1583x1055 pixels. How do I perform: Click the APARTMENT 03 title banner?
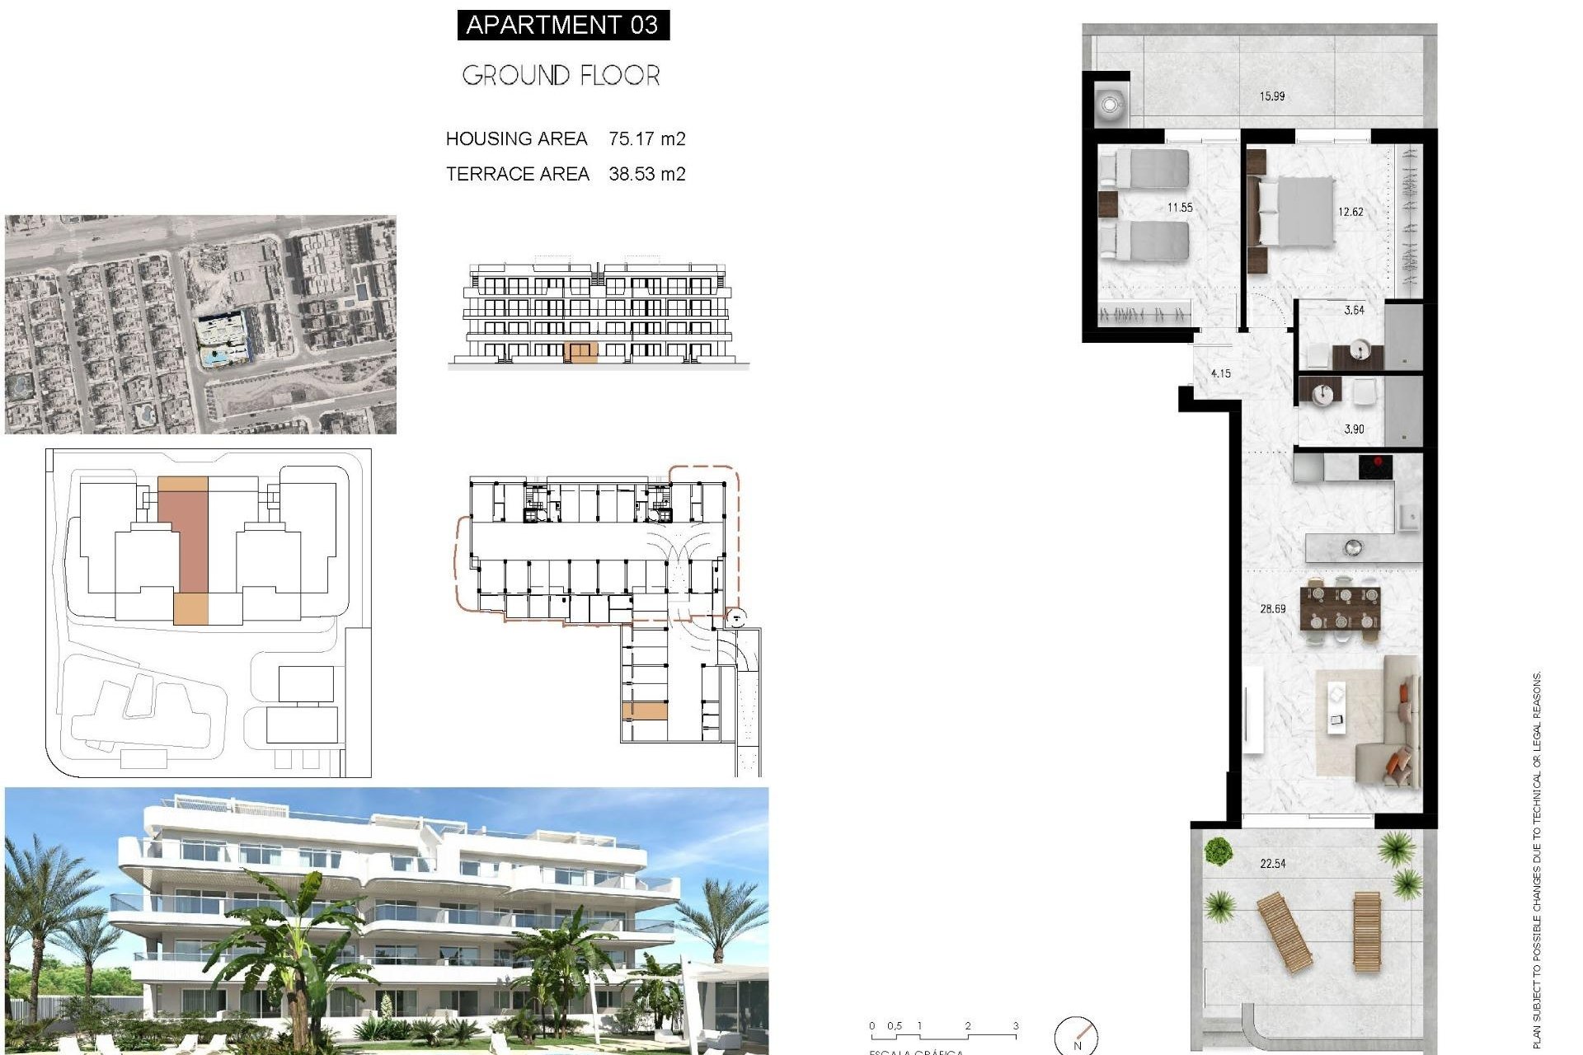(x=562, y=25)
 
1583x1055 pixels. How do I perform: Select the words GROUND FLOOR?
(x=561, y=76)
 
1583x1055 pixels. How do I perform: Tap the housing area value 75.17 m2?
(x=646, y=138)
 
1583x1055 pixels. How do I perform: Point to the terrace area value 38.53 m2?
(x=646, y=174)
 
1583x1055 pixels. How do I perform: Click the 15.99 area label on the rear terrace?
(x=1271, y=96)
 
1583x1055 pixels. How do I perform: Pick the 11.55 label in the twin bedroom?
(x=1179, y=208)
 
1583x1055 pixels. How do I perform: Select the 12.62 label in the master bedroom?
(x=1350, y=212)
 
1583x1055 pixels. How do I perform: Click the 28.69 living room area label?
(x=1272, y=609)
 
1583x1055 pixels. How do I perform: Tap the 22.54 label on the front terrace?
(x=1272, y=864)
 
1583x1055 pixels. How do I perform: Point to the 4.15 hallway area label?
(x=1220, y=373)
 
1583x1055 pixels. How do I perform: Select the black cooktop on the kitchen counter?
(x=1375, y=467)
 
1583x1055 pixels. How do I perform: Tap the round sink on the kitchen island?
(x=1352, y=546)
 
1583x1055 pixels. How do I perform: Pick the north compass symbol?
(x=1077, y=1035)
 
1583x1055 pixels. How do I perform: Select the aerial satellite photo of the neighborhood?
(x=200, y=325)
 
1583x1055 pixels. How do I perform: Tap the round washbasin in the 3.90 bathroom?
(x=1322, y=395)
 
